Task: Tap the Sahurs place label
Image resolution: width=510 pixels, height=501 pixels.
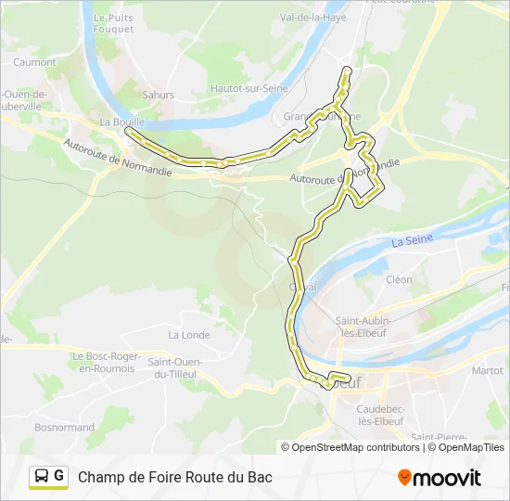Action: coord(158,94)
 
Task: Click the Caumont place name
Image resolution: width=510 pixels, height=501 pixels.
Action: coord(34,62)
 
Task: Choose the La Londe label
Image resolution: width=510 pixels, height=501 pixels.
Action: coord(188,335)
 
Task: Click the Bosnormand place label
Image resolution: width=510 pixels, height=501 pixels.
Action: coord(64,428)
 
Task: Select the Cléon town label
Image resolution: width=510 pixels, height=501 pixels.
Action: coord(399,279)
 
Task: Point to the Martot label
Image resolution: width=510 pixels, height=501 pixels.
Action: coord(487,370)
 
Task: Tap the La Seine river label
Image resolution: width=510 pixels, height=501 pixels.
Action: coord(412,241)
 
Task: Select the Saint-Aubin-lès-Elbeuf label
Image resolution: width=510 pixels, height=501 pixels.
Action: coord(363,328)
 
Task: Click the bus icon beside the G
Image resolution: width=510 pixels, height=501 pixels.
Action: coord(42,476)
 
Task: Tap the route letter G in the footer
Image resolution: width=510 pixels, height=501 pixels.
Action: coord(59,476)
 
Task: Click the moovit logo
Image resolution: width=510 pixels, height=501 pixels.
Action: coord(440,477)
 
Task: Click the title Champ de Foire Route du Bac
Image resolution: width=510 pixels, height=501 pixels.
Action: coord(175,477)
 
